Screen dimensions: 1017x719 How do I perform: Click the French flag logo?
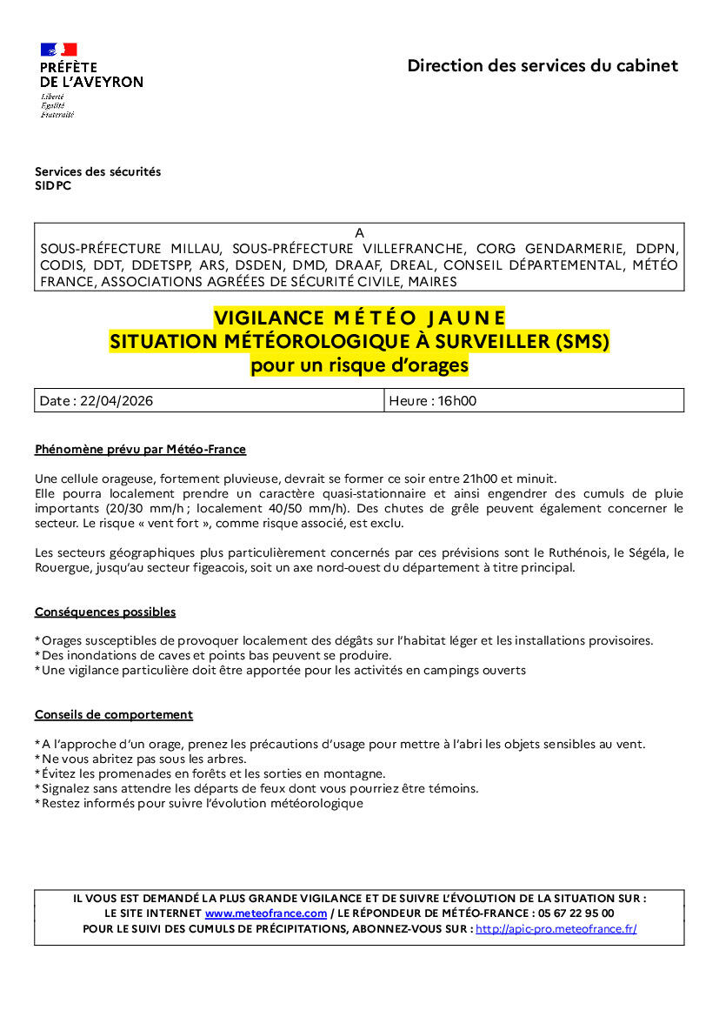click(58, 50)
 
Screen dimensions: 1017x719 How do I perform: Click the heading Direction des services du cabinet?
click(543, 65)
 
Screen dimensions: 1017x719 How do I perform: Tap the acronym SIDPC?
click(53, 185)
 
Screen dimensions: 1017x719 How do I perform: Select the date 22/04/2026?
click(117, 401)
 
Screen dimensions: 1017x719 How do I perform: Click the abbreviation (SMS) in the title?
click(582, 342)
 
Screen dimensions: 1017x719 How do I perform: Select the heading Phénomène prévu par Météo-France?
click(140, 450)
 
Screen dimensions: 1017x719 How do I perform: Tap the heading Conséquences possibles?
click(105, 612)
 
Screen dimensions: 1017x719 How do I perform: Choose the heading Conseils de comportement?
click(114, 715)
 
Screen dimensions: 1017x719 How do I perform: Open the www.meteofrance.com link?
click(266, 913)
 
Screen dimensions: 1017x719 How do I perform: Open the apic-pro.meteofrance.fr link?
click(556, 929)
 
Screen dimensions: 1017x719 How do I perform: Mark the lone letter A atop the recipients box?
click(359, 232)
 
